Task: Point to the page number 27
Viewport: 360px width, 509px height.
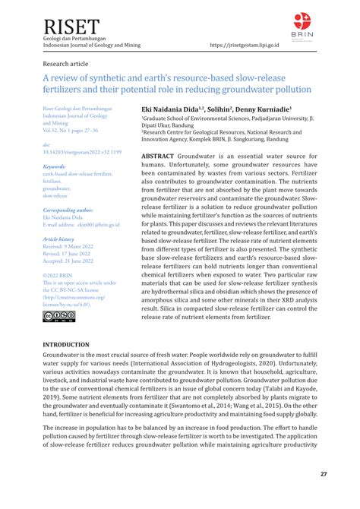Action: (323, 475)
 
